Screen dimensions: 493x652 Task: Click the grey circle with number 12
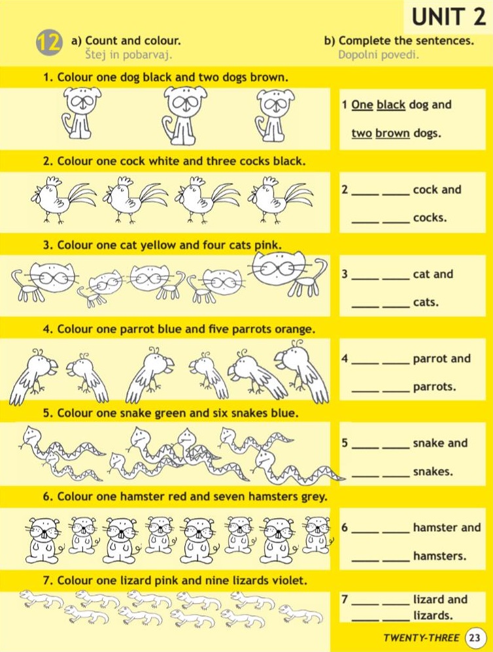[49, 42]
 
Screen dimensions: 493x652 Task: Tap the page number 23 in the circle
[474, 638]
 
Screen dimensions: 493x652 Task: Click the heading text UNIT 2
[449, 18]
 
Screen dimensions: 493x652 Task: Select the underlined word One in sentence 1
[362, 105]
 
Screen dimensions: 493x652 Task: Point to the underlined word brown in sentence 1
[392, 133]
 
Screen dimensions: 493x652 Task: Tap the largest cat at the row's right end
[289, 272]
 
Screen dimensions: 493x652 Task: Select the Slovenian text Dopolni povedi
[379, 54]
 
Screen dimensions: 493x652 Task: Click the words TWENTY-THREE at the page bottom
[422, 638]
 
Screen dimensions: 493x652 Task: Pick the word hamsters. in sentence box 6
[440, 556]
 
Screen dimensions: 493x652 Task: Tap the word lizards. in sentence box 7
[433, 615]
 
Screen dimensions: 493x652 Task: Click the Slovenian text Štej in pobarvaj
[129, 54]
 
